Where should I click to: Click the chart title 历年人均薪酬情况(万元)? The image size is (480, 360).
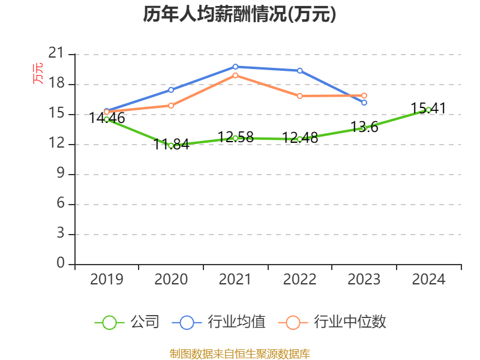point(239,14)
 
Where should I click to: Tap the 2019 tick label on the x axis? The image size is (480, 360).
point(106,280)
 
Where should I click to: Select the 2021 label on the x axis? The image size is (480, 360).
point(235,280)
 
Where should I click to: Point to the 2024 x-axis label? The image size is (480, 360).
point(428,280)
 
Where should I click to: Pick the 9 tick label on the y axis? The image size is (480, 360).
point(60,174)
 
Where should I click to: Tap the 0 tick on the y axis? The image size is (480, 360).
point(60,263)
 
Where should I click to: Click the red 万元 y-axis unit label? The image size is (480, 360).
point(38,73)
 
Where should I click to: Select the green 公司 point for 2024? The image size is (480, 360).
point(428,110)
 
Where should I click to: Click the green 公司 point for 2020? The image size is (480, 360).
point(171,145)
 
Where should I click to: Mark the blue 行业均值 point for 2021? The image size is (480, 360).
point(235,67)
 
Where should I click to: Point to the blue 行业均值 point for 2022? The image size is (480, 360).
point(300,71)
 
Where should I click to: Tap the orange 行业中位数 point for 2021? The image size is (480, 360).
point(235,75)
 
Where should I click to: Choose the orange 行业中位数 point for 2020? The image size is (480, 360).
point(171,106)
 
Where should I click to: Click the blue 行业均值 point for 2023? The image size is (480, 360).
point(364,103)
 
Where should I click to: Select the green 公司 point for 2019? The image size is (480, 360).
point(106,119)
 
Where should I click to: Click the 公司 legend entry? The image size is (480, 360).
point(127,322)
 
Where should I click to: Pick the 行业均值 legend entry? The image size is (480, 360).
point(219,322)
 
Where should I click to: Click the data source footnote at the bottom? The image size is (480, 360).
point(239,353)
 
